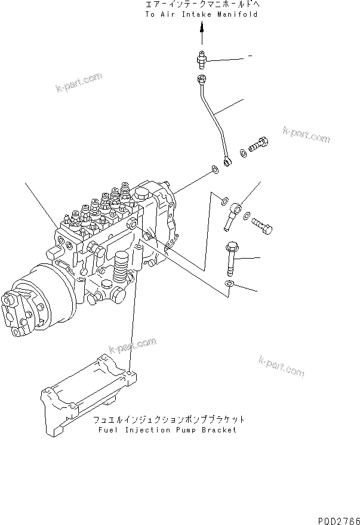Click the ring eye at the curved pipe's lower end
coord(228,160)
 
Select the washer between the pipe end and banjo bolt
coord(243,153)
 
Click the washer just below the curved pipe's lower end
coord(214,173)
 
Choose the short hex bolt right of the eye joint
coord(262,225)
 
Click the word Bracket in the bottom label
coord(218,429)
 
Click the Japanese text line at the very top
coord(202,4)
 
